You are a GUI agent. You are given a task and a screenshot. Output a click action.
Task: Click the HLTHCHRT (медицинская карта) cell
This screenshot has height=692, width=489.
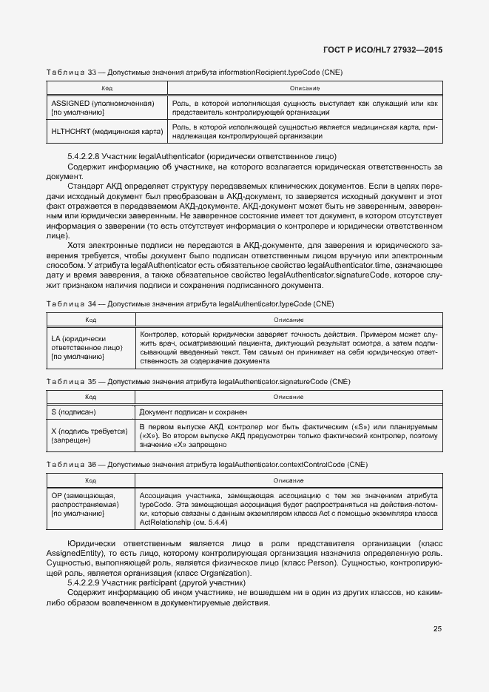coord(107,131)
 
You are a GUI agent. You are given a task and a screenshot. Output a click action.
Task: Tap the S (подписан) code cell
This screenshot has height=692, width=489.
coord(74,411)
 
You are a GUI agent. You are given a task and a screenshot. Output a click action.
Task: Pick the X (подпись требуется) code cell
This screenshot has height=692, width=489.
coord(90,436)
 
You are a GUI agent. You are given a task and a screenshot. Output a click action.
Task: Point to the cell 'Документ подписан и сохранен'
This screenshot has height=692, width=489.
coord(193,411)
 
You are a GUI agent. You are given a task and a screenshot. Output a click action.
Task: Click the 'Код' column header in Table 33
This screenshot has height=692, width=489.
coord(107,88)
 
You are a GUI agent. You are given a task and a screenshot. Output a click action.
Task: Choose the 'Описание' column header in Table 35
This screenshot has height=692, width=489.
coord(289,397)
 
